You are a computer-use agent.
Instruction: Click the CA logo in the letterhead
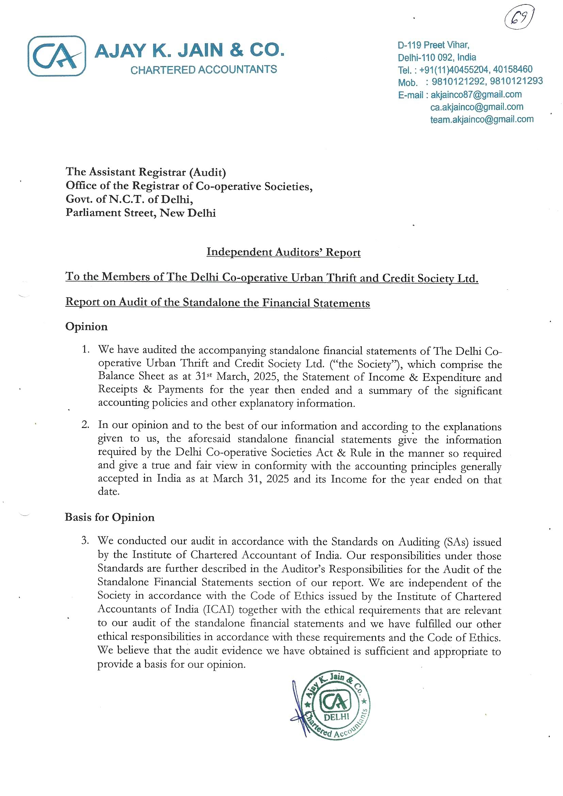(x=57, y=56)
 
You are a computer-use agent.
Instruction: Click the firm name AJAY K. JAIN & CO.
(x=189, y=50)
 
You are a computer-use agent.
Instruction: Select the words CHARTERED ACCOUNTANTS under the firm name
(x=204, y=70)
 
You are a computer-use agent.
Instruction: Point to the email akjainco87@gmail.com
(x=476, y=94)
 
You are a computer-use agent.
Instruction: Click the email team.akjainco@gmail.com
(x=482, y=119)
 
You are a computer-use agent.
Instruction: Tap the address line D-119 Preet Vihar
(x=433, y=45)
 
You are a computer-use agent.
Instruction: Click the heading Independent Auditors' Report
(x=283, y=252)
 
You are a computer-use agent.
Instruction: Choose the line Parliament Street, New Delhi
(x=140, y=212)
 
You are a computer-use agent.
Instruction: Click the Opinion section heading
(x=86, y=327)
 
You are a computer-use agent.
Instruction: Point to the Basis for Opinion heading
(x=110, y=518)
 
